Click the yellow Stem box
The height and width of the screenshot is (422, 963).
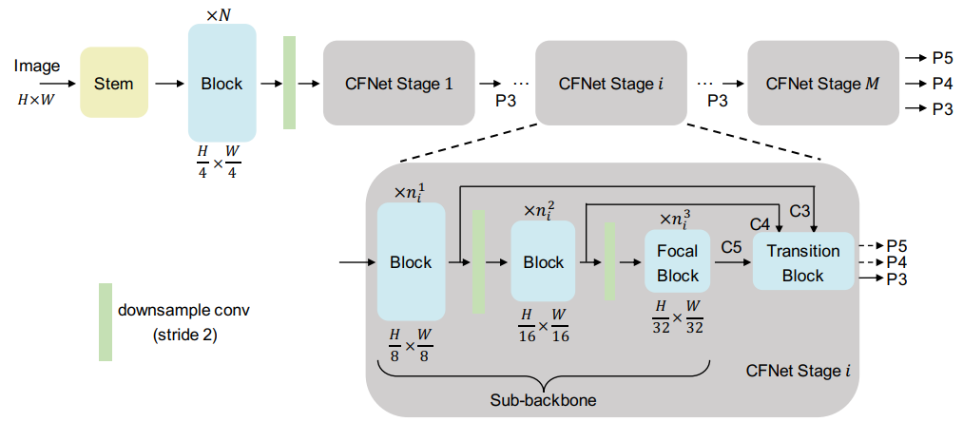[114, 83]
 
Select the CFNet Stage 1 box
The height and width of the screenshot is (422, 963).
[398, 83]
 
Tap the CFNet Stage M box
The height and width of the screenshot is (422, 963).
[822, 83]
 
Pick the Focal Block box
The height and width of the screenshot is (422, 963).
[677, 263]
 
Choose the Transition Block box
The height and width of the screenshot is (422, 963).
[803, 263]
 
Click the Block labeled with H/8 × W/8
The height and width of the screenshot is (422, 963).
[411, 262]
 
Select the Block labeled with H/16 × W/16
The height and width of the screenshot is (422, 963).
[543, 262]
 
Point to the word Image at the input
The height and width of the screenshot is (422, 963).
[37, 66]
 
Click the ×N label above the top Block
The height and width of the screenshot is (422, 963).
[221, 13]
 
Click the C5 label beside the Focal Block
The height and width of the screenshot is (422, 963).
[731, 247]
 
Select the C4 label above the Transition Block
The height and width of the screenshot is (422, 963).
[761, 225]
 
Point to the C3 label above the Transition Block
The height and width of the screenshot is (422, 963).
[800, 209]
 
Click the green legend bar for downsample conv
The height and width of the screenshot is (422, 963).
[106, 322]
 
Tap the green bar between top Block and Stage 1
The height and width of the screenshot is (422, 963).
[290, 83]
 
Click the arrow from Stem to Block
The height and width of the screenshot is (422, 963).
[167, 84]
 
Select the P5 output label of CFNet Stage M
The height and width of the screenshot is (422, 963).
[942, 58]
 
